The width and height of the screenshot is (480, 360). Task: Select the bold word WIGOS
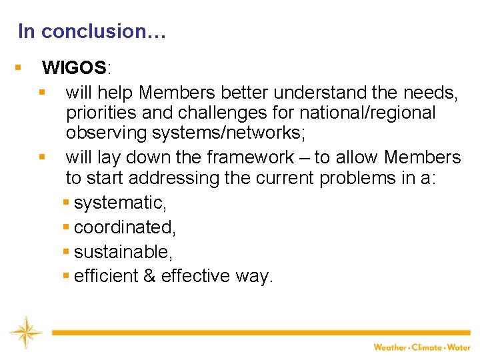(73, 68)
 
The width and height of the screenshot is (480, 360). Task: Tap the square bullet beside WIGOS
(19, 67)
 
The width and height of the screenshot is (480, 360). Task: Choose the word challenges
(229, 113)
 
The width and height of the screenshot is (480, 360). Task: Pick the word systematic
(120, 203)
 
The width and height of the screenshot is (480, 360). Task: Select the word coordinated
(125, 227)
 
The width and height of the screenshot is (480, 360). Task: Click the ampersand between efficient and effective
(149, 276)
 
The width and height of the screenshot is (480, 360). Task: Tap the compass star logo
(25, 332)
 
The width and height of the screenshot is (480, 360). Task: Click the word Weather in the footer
(391, 347)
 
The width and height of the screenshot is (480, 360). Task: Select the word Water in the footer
(459, 347)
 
